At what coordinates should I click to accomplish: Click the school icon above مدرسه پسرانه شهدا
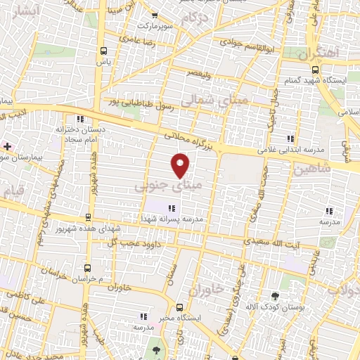tap(172, 207)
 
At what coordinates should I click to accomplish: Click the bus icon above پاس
tap(104, 51)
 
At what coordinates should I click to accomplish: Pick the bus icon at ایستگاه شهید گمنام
tap(315, 70)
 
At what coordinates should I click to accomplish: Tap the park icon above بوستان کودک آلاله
tap(275, 295)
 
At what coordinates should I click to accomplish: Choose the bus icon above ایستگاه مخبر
tap(180, 307)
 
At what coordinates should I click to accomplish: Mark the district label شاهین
tap(310, 169)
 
